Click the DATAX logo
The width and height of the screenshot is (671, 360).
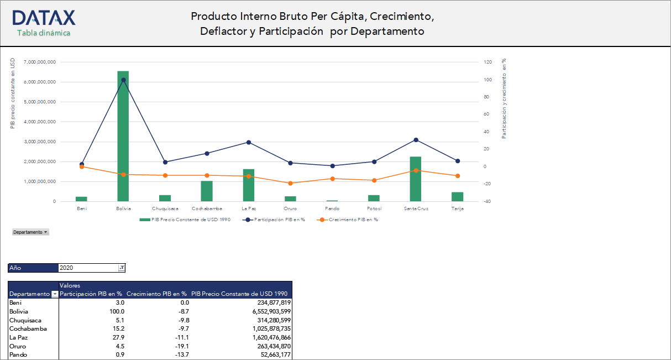click(44, 18)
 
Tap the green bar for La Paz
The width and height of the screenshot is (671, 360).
click(249, 185)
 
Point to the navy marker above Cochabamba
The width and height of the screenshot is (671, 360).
click(207, 153)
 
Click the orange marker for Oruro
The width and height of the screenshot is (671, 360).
click(290, 183)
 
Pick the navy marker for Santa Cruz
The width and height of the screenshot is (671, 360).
click(416, 140)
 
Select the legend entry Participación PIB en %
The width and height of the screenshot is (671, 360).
click(279, 220)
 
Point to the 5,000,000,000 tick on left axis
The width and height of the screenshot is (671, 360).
click(40, 102)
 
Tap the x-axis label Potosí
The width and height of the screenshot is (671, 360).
click(374, 209)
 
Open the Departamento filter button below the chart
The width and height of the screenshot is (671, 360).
click(30, 232)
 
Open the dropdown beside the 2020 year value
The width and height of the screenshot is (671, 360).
click(122, 268)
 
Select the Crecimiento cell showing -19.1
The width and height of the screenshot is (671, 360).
click(182, 346)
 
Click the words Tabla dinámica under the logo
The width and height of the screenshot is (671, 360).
click(44, 33)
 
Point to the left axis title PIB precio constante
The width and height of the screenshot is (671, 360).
click(13, 93)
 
